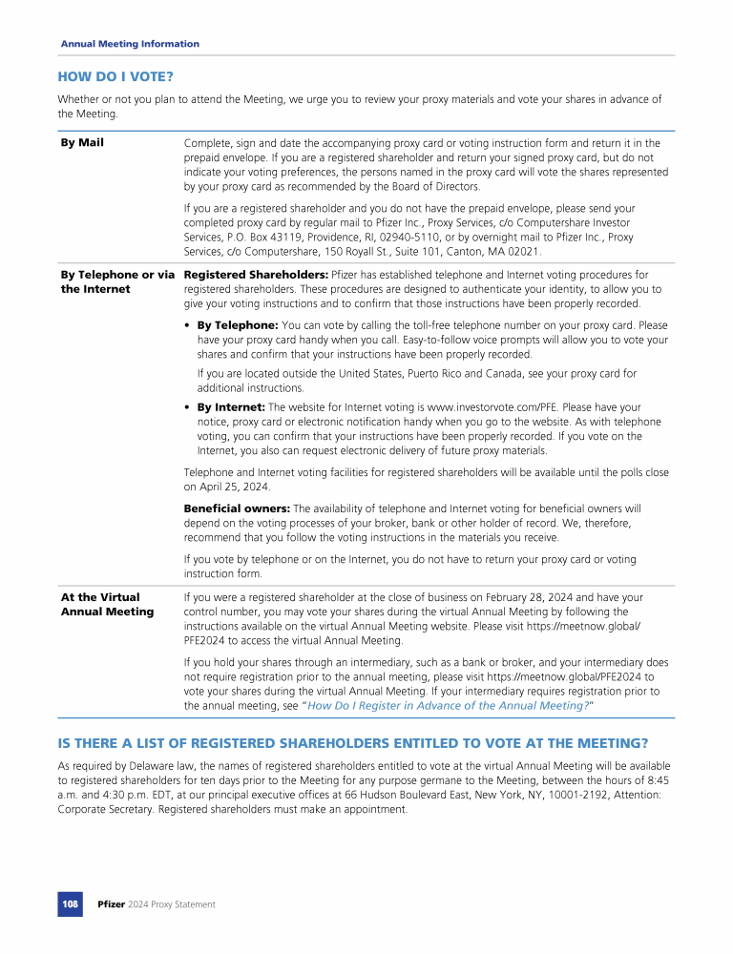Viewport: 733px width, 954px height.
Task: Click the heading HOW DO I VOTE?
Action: [x=115, y=75]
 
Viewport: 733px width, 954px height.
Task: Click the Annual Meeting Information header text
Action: [x=130, y=44]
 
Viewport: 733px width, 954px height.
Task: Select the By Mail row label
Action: [x=82, y=143]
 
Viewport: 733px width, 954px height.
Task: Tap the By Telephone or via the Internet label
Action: [x=117, y=282]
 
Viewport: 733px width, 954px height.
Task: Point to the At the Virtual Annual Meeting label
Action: [x=107, y=605]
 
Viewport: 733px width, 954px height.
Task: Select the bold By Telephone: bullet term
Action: [x=238, y=325]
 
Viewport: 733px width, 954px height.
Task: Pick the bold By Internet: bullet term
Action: [x=232, y=407]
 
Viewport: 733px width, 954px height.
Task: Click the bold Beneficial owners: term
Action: [x=237, y=508]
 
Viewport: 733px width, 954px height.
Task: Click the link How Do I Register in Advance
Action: [x=448, y=705]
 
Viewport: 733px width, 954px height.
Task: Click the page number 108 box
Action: [x=70, y=904]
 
